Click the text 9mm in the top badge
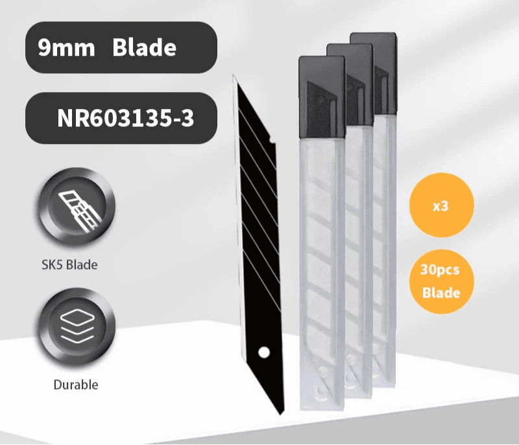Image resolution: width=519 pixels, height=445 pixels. [66, 48]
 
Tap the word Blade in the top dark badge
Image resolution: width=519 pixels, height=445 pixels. [144, 48]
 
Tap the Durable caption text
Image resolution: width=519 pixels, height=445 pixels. [77, 385]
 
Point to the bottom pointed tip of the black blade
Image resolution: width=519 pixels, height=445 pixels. [281, 413]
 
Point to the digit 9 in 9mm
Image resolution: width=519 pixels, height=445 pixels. [44, 48]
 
